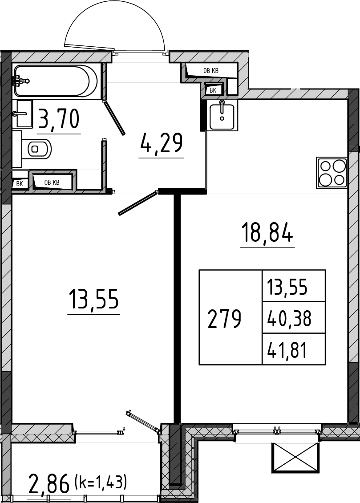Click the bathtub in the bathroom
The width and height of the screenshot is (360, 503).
pyautogui.click(x=56, y=81)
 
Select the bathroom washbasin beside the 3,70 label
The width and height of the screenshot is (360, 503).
pyautogui.click(x=24, y=113)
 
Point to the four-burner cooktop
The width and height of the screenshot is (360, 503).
pyautogui.click(x=332, y=173)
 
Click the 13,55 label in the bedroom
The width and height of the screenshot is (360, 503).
pyautogui.click(x=93, y=299)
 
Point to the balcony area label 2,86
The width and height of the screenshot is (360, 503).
pyautogui.click(x=49, y=483)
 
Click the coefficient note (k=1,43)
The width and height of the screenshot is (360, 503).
pyautogui.click(x=100, y=480)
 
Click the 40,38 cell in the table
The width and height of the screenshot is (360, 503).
pyautogui.click(x=290, y=319)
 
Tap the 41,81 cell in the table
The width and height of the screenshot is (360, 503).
pyautogui.click(x=287, y=350)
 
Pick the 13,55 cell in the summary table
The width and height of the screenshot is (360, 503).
pyautogui.click(x=287, y=287)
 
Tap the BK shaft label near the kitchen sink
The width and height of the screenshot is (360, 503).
pyautogui.click(x=213, y=90)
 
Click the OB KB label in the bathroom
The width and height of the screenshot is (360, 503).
pyautogui.click(x=52, y=183)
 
